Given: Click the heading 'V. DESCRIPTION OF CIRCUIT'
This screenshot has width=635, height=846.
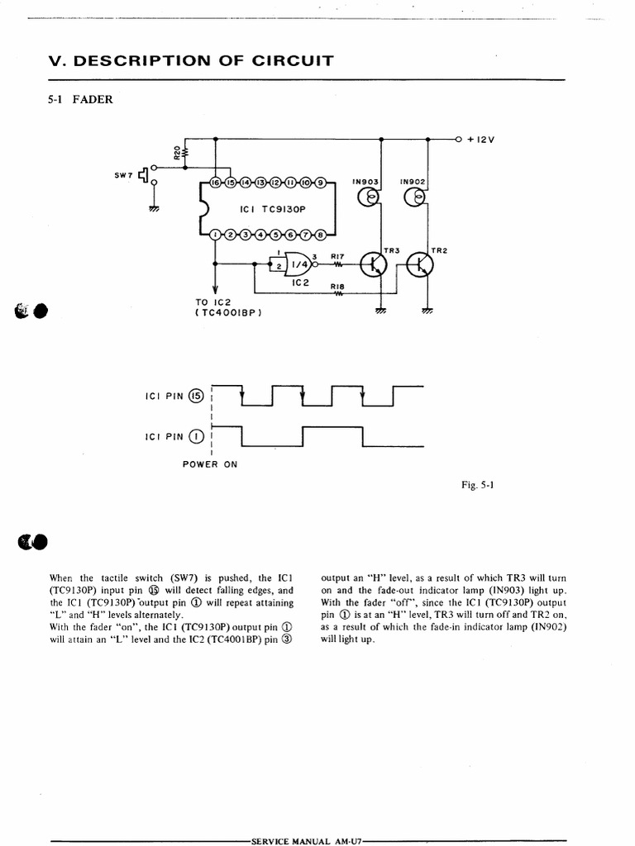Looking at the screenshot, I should click(x=191, y=60).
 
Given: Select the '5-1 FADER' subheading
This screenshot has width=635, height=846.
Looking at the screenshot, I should click(x=81, y=100).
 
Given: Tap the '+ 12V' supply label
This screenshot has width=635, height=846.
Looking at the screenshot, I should click(x=480, y=140).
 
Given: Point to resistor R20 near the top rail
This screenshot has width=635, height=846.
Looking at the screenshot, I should click(x=183, y=153).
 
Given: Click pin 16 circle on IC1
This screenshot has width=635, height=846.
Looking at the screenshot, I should click(x=217, y=183).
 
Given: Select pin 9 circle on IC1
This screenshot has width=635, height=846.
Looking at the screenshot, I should click(x=321, y=183).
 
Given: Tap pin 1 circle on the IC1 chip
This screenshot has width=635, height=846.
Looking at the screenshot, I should click(x=217, y=235).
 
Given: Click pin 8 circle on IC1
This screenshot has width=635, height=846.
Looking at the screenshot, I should click(x=321, y=235).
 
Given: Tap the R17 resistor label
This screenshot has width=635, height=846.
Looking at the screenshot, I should click(x=337, y=256).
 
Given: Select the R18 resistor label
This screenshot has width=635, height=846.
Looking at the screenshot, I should click(x=337, y=286).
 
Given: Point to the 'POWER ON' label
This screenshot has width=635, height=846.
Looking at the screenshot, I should click(x=210, y=464).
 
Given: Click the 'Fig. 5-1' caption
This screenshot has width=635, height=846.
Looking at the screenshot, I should click(x=477, y=486).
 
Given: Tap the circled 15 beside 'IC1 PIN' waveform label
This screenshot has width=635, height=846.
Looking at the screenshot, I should click(x=195, y=396).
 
